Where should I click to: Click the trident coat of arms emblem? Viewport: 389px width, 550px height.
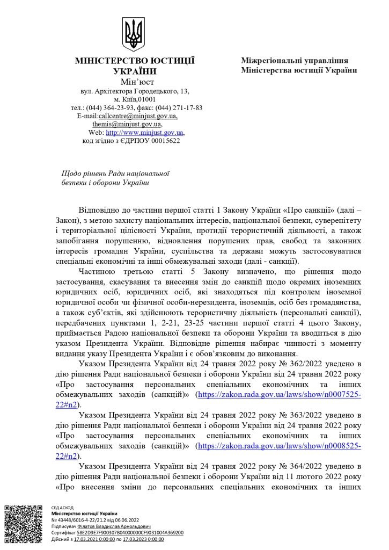pos(134,33)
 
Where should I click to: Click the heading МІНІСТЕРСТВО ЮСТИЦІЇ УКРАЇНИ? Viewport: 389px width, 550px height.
pos(135,66)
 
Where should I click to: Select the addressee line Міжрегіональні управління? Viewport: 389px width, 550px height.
pos(295,61)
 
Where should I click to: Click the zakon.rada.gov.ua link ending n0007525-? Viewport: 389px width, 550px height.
pos(278,394)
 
